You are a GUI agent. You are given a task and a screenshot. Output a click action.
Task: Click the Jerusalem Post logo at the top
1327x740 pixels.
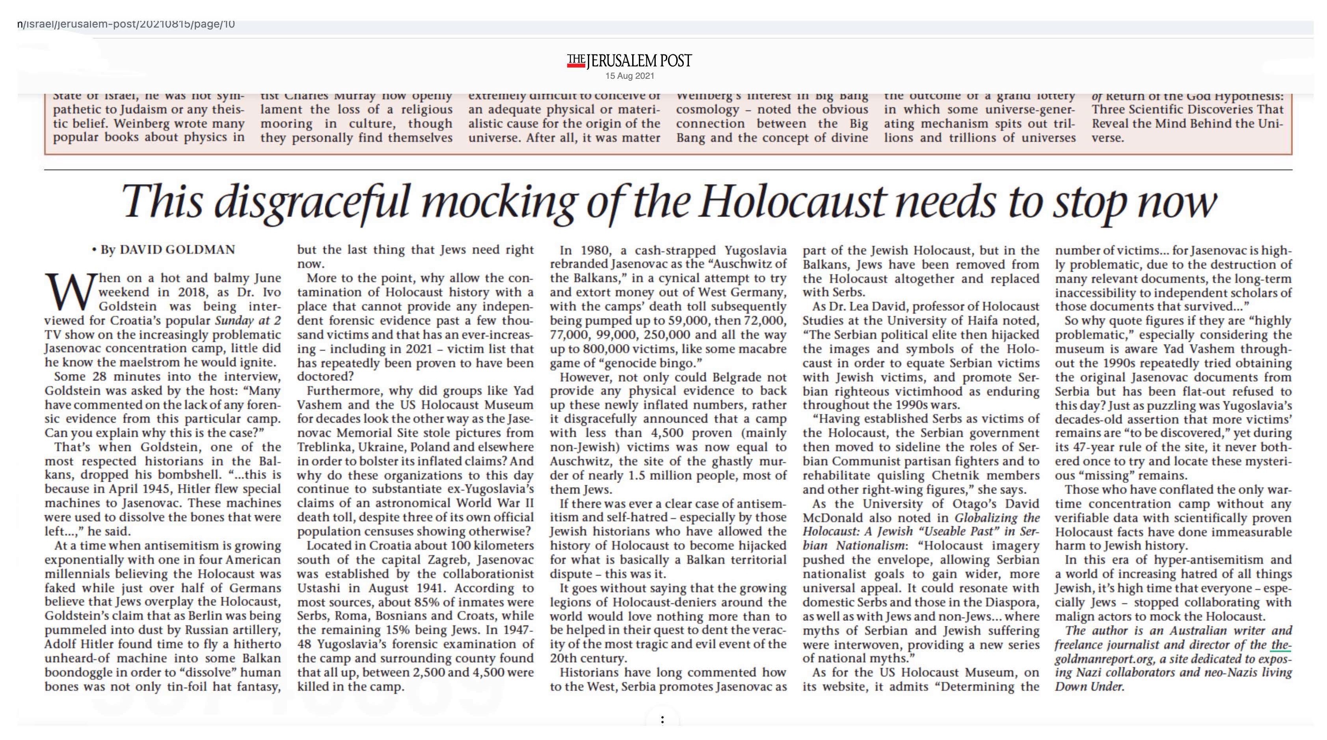point(629,61)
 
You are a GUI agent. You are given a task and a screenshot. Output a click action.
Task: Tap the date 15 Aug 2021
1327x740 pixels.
point(629,76)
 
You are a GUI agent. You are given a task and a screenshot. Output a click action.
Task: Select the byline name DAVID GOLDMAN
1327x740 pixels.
point(177,250)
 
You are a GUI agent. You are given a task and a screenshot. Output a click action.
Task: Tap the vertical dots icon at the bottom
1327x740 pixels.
point(663,720)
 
